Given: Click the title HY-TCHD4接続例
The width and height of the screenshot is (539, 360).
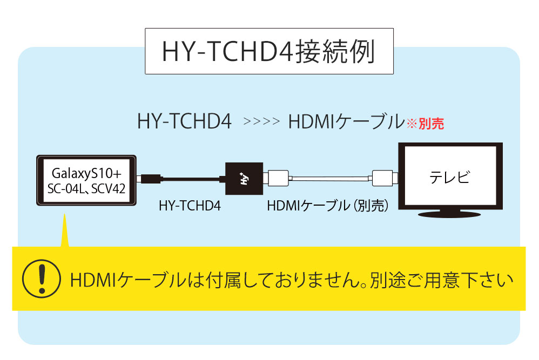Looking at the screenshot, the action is (x=268, y=51).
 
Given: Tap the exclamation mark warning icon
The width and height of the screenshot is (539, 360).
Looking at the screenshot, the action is (x=42, y=279).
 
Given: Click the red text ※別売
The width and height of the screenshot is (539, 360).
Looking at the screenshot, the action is (x=426, y=124).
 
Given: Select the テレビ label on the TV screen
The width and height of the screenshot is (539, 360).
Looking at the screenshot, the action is (x=450, y=177).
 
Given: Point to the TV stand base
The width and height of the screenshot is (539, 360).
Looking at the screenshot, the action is (x=449, y=214).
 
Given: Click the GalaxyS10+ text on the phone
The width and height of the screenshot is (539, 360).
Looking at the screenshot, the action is (x=86, y=173).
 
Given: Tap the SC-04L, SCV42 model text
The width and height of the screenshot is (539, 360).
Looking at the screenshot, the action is (x=86, y=188).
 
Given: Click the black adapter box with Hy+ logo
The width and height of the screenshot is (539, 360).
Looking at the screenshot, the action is (x=244, y=179).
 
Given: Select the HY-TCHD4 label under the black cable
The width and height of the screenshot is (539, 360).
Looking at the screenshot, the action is (x=190, y=206).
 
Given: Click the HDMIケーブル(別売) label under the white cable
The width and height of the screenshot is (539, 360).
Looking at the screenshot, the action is (x=328, y=206).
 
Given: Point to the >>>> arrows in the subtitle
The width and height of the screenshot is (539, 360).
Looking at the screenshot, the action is (x=261, y=121).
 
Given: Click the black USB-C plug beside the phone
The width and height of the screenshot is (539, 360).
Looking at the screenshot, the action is (x=151, y=179).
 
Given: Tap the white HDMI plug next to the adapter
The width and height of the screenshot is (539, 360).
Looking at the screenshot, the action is (x=279, y=178).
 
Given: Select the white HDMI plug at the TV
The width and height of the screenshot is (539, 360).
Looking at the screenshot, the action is (x=382, y=178).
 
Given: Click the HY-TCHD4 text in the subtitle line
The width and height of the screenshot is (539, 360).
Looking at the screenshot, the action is (x=185, y=121).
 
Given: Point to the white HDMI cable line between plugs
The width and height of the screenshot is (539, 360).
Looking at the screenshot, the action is (x=331, y=178).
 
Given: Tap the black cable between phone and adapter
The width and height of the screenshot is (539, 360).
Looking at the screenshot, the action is (x=191, y=179).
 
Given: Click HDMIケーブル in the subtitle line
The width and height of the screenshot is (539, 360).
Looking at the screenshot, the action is (x=347, y=121).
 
